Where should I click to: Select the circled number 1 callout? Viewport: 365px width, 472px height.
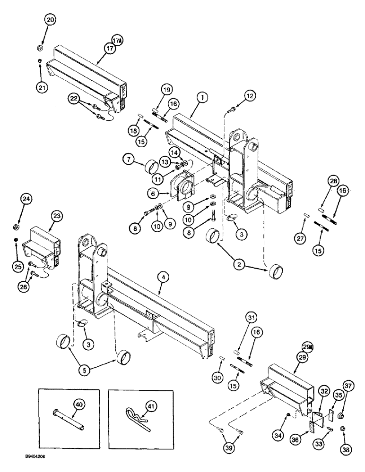tap(202, 98)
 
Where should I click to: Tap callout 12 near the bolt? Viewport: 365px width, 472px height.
tap(250, 96)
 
